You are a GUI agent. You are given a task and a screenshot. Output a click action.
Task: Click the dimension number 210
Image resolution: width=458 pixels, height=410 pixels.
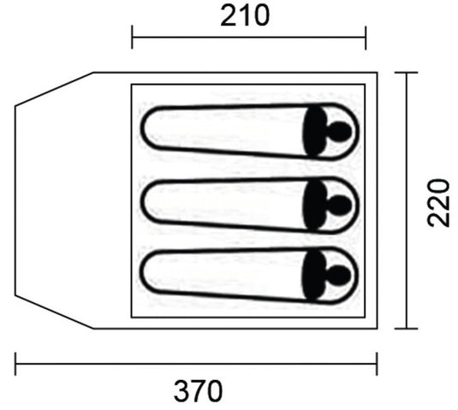coord(245,16)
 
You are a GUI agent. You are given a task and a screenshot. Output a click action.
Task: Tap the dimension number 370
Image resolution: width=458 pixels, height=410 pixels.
coord(198,391)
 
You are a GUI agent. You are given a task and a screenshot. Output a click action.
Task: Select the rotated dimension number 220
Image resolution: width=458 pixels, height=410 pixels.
coord(437,203)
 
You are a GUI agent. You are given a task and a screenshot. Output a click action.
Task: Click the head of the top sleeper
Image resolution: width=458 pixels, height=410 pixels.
coord(339,131)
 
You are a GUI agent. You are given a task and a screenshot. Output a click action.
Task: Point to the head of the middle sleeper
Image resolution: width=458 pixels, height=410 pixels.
coord(339,204)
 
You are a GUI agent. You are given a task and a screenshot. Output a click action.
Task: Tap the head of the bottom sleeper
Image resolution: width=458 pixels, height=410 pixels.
coord(338,276)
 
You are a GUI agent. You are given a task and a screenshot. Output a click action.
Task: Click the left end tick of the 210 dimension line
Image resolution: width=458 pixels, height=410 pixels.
coord(133,37)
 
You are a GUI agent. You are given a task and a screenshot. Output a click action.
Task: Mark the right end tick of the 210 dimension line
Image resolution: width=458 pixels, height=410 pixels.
coord(366,38)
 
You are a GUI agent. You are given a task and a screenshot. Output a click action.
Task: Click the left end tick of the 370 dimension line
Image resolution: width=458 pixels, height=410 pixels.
coord(15,364)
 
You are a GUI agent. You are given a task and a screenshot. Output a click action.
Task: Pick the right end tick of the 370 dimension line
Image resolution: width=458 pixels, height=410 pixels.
coord(377,364)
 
